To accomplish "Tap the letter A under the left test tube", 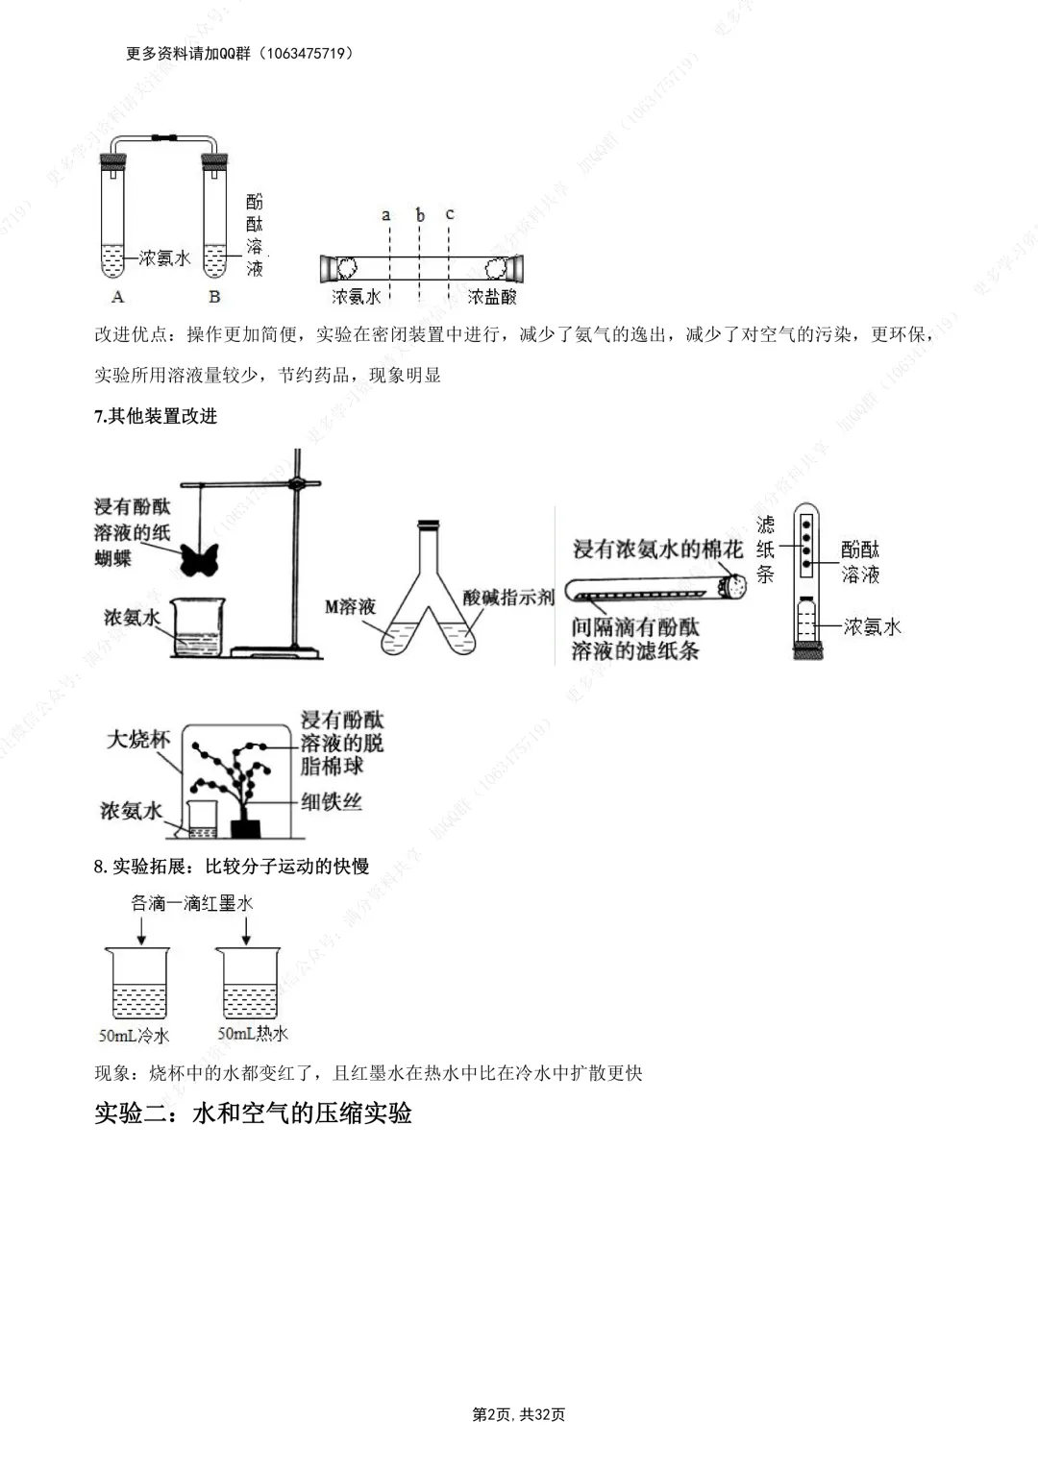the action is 117,297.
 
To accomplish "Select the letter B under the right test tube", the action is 214,297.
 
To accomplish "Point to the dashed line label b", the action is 420,215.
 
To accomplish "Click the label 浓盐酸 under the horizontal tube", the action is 492,297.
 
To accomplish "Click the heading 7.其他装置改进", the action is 156,416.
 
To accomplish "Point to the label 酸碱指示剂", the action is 508,597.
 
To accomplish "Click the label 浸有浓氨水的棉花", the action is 657,550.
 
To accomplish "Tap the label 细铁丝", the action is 331,801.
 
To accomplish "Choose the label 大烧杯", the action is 137,739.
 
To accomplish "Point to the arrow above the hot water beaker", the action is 247,929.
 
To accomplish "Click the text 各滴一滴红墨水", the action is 192,903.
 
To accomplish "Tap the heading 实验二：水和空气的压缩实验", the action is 253,1113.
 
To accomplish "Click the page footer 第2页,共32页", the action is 519,1414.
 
